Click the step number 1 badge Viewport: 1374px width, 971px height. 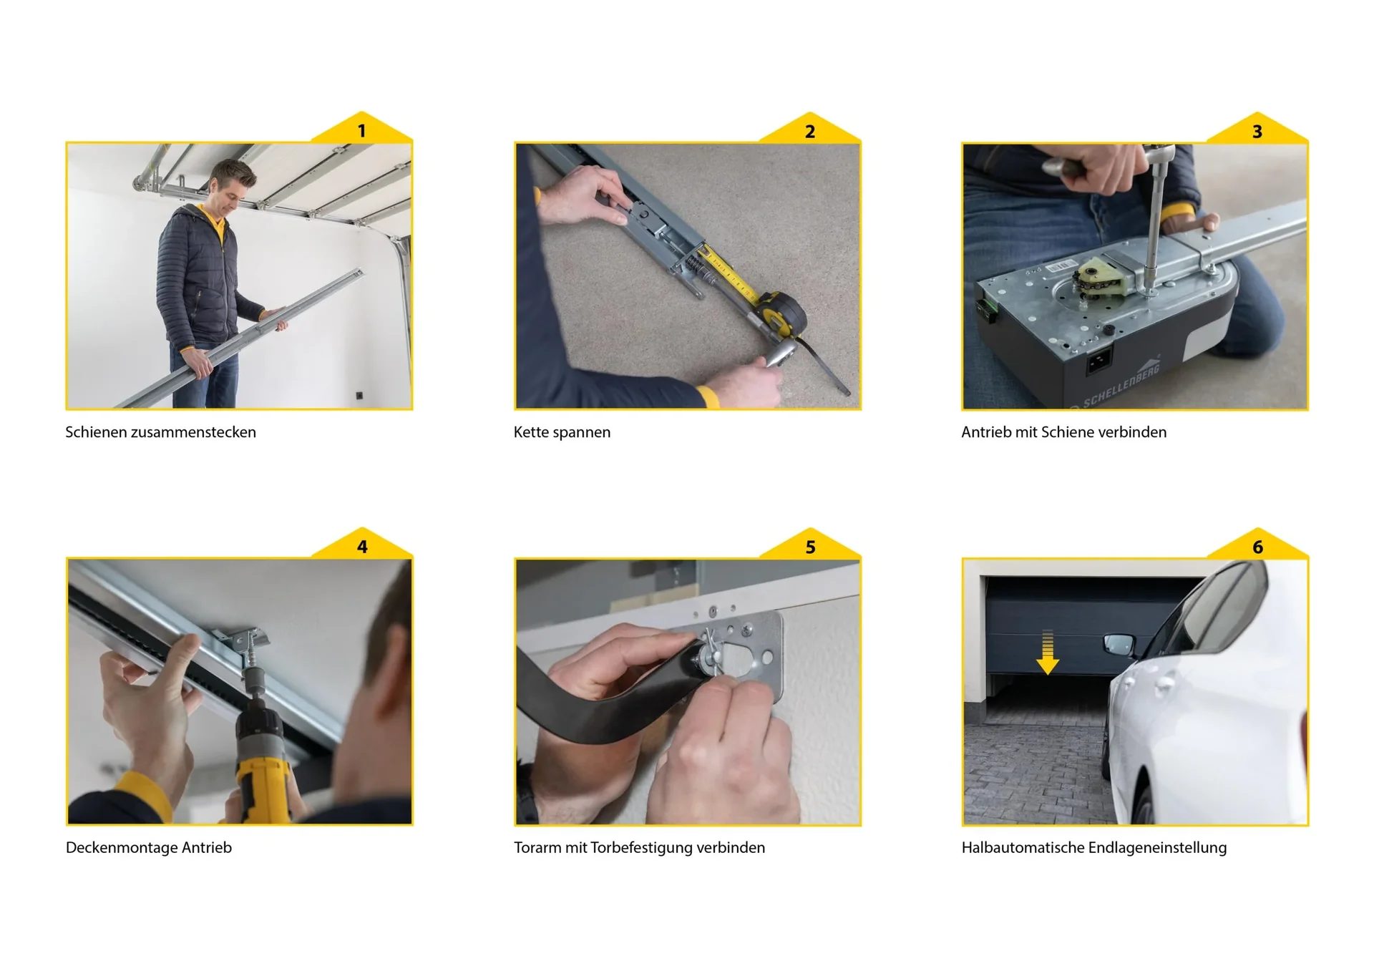pos(361,129)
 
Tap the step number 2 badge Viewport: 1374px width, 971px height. pos(809,129)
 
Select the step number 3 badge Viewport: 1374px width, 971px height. pos(1257,129)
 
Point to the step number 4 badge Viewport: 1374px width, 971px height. pos(361,545)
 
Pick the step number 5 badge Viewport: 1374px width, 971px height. pos(809,545)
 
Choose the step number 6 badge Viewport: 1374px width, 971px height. pos(1257,545)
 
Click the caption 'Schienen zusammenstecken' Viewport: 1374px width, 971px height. pos(160,432)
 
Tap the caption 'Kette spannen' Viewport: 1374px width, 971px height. pos(562,432)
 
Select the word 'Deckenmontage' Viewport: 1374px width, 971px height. pos(122,848)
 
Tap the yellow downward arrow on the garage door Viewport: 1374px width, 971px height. pos(1048,652)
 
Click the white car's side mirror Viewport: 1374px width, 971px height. pos(1119,644)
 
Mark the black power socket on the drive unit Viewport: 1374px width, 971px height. pos(1099,361)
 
